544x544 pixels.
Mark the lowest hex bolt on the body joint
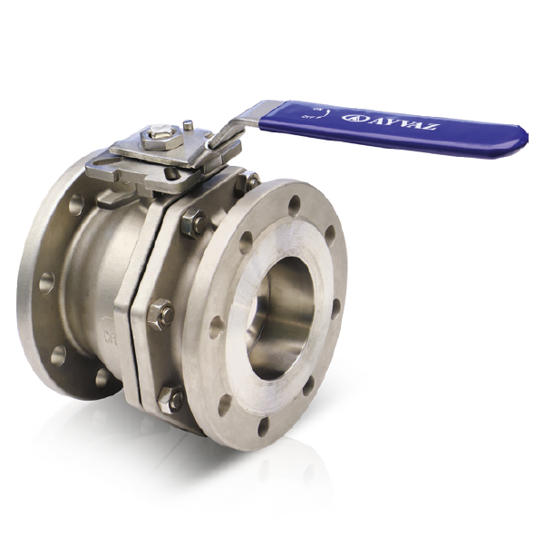(x=170, y=396)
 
